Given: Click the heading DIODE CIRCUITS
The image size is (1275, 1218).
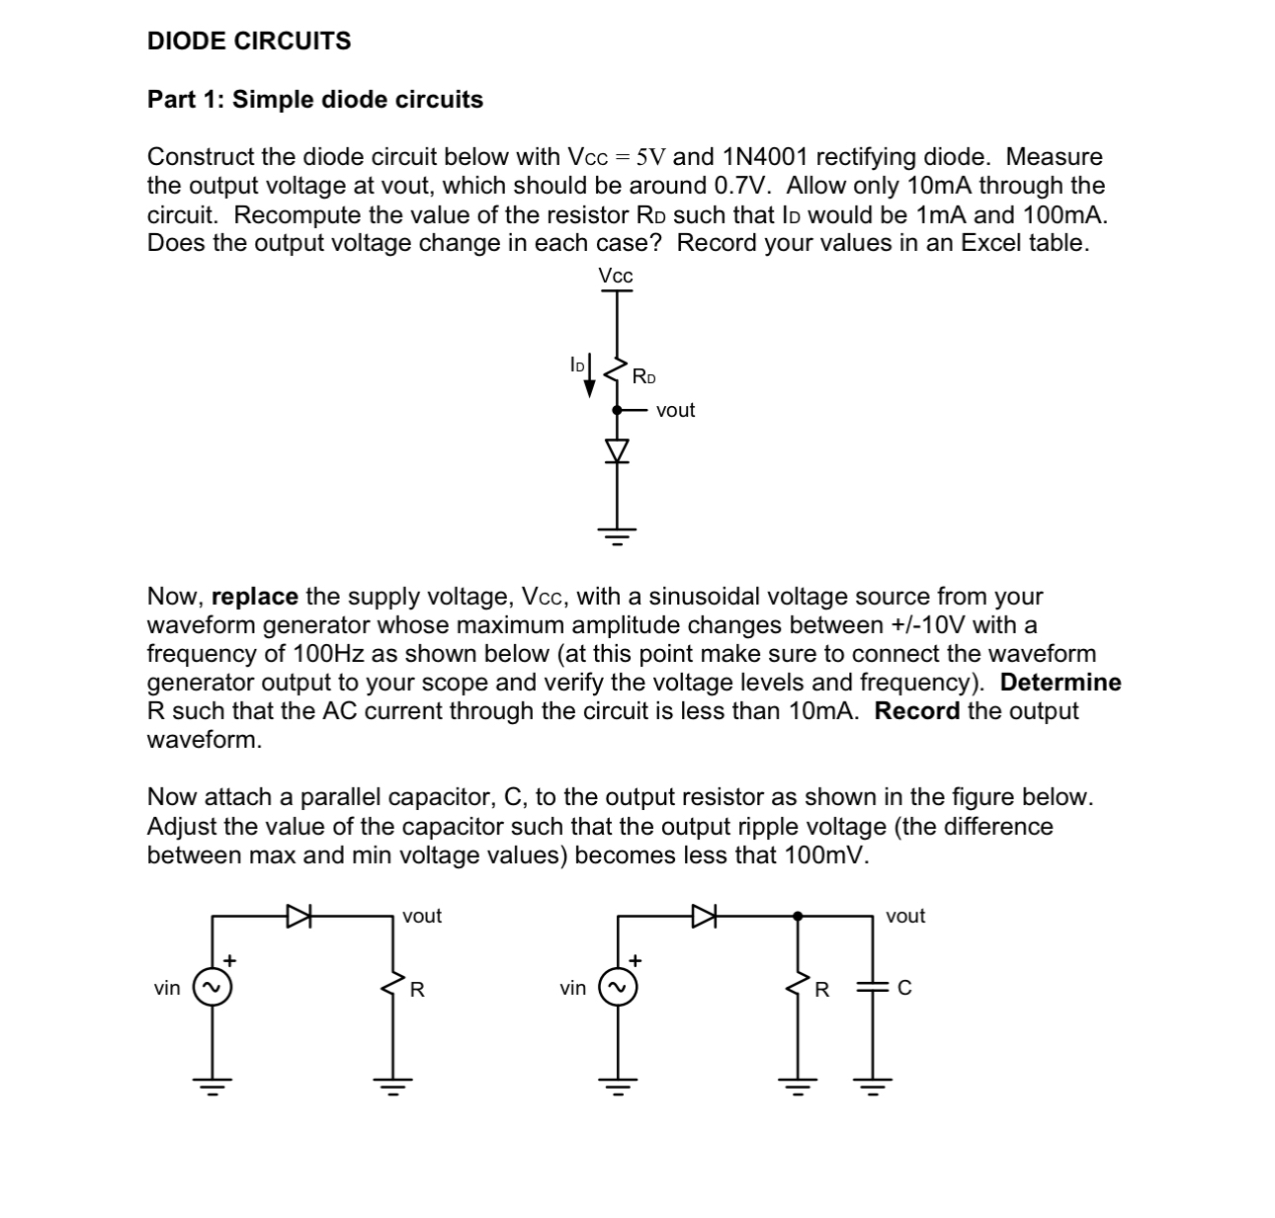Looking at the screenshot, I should coord(249,41).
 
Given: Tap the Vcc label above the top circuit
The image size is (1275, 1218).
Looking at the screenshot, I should coord(616,277).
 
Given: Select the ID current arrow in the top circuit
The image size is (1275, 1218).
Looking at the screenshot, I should coord(590,375).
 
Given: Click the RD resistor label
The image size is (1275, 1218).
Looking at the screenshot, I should coord(644,376).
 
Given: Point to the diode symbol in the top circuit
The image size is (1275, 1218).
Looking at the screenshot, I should coord(617,450).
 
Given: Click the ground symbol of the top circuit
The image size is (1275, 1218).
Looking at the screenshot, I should coord(617,536).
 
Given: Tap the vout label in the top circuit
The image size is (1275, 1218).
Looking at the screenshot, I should coord(675,410).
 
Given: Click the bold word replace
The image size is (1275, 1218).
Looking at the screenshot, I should coord(255,597).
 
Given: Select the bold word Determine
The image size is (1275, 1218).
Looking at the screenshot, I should coord(1061,683).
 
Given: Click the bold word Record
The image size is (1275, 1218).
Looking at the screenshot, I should coord(917,711).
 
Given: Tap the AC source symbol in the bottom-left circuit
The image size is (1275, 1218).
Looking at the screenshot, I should coord(212,988).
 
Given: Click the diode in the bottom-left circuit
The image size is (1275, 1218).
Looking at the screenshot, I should coord(298,916).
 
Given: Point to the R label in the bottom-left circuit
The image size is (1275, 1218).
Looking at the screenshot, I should coord(417,989).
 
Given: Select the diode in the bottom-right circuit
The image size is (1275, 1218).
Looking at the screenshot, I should coord(703,916).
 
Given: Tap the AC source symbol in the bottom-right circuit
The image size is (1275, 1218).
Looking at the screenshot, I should coord(617,988).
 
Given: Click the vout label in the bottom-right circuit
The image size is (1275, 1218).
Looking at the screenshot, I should coord(905,916).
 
